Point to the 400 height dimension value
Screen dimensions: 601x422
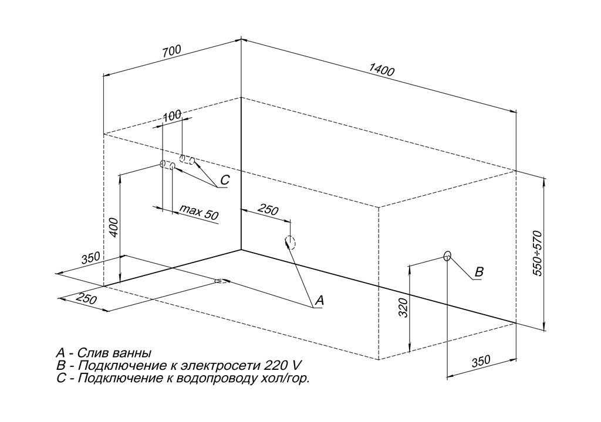114,227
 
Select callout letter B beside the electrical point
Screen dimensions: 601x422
479,272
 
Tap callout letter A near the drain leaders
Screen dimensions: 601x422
319,300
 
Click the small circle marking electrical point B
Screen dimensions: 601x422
447,256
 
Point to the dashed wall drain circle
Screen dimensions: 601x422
290,242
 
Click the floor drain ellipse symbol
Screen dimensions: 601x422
221,281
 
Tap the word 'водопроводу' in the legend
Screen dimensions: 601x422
217,379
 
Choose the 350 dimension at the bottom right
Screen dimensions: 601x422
481,362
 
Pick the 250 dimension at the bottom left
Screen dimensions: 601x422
86,298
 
